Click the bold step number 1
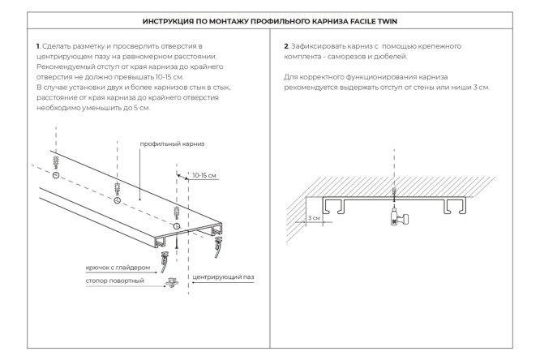click(38, 46)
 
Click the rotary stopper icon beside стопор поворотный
click(172, 281)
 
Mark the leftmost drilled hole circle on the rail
click(55, 175)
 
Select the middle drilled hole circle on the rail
click(118, 199)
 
